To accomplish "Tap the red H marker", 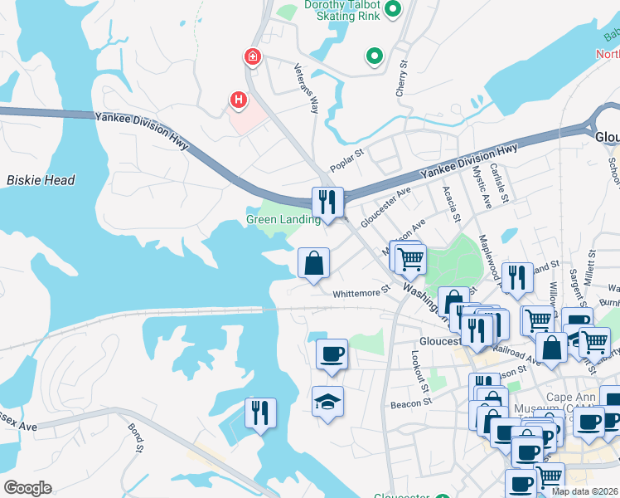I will (x=239, y=100).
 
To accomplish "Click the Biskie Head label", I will (x=41, y=180).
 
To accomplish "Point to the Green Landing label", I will (x=283, y=220).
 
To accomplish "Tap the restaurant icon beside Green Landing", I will (x=327, y=202).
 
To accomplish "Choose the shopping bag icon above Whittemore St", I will (x=314, y=263).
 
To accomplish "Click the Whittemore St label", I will (x=361, y=293).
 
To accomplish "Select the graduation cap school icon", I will (x=328, y=402).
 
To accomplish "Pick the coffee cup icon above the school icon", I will (x=331, y=354).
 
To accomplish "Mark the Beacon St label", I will (x=408, y=405).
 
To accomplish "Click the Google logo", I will (x=28, y=487).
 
